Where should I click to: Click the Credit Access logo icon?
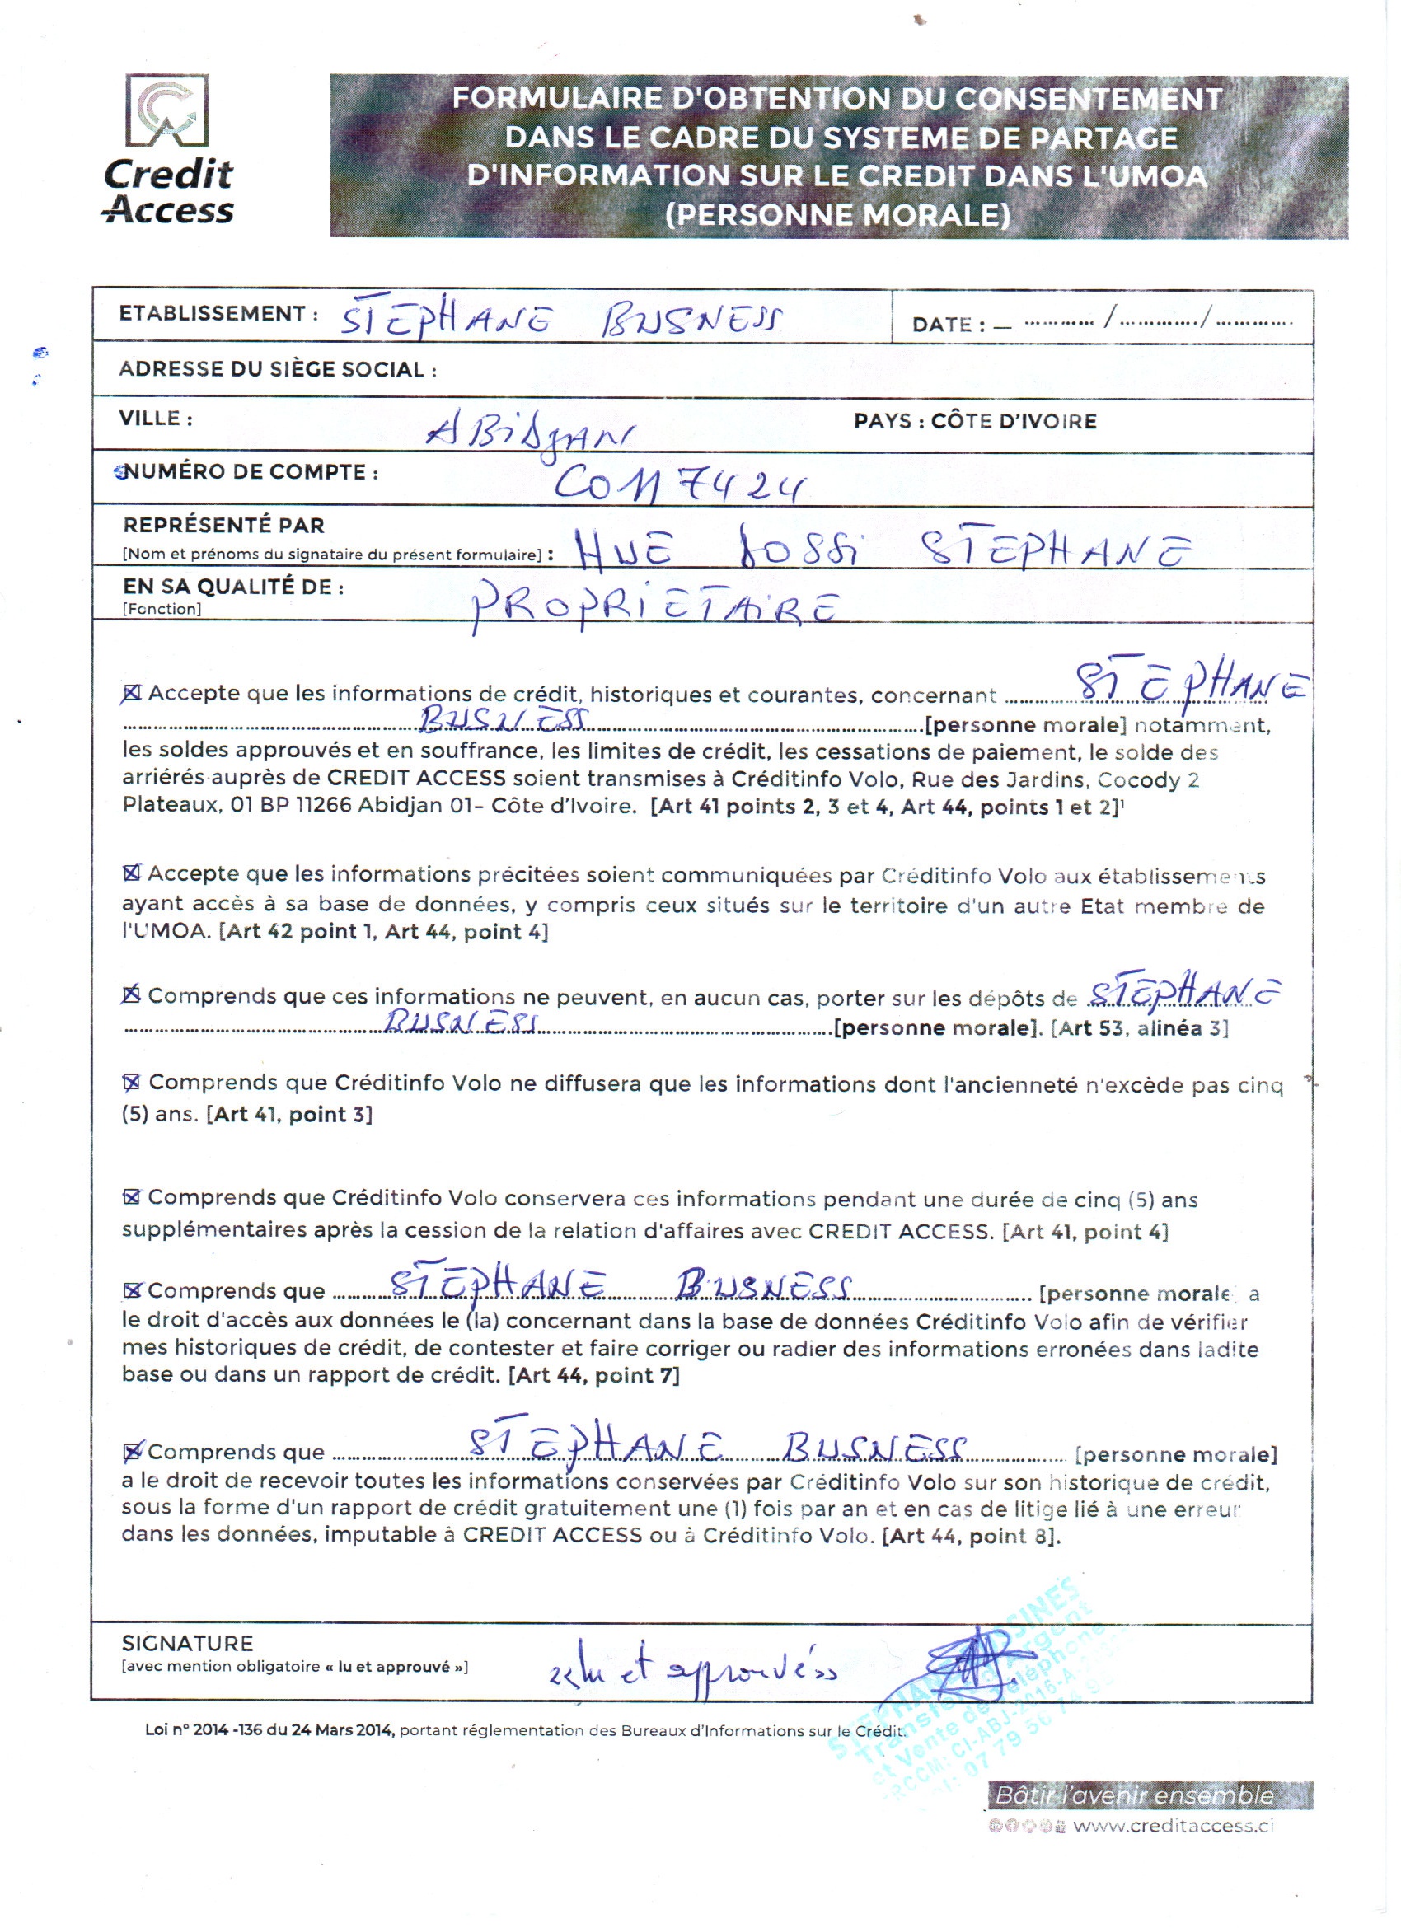point(166,111)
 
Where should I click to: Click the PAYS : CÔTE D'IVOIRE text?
point(975,421)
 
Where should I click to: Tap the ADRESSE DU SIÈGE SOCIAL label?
point(277,369)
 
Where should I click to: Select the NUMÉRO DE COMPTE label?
point(249,473)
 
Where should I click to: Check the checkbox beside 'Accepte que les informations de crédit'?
point(132,694)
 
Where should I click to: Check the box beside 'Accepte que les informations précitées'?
point(132,873)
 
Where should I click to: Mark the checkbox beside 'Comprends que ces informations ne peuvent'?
point(132,994)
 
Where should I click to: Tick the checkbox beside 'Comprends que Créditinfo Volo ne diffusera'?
point(132,1082)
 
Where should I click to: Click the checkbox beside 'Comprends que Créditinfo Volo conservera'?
point(132,1197)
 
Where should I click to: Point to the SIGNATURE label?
point(187,1643)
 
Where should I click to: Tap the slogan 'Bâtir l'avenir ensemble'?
point(1134,1795)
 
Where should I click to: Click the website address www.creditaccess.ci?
point(1174,1825)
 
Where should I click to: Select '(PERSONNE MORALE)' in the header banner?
point(838,214)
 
